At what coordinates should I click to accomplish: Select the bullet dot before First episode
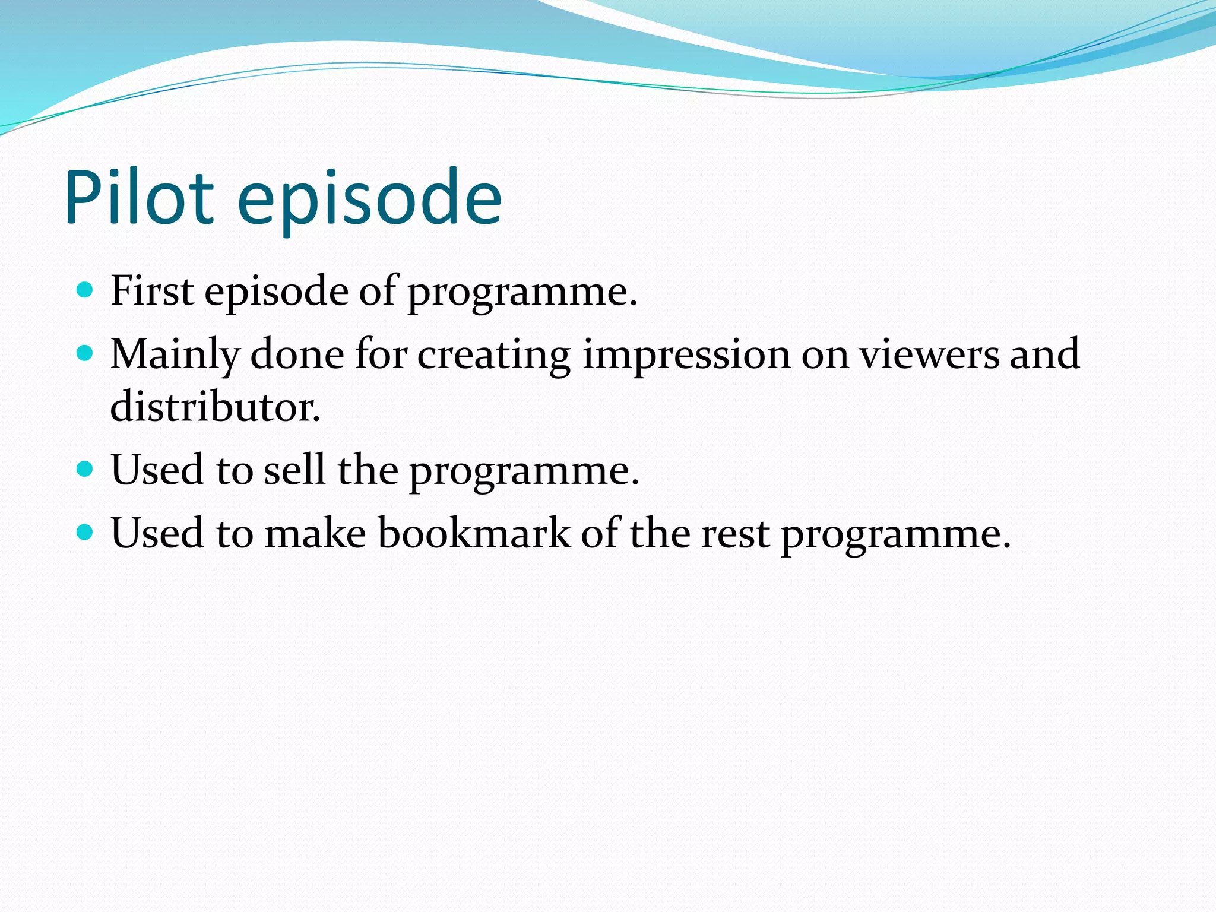click(x=85, y=290)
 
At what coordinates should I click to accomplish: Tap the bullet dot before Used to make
click(x=85, y=532)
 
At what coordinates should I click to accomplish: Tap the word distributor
click(x=215, y=407)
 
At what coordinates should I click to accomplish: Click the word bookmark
click(x=474, y=533)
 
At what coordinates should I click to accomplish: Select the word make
click(x=315, y=533)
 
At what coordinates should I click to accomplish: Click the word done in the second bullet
click(x=297, y=354)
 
